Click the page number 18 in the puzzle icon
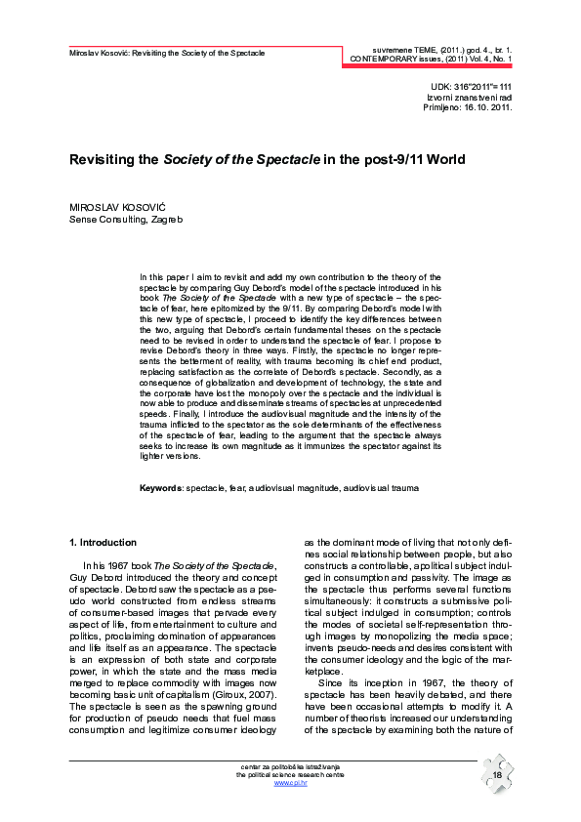point(497,774)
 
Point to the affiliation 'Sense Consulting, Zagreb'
point(124,220)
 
